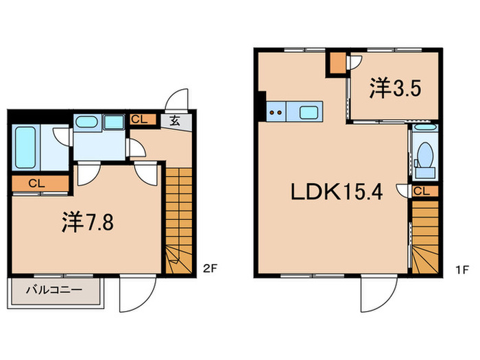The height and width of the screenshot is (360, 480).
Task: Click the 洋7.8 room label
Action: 85,223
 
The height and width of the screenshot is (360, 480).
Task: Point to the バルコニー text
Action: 54,289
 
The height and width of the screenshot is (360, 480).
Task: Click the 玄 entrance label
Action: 175,121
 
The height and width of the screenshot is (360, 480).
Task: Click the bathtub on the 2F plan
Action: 25,147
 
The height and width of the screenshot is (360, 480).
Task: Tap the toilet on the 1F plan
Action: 424,154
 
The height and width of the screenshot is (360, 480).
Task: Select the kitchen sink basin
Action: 309,111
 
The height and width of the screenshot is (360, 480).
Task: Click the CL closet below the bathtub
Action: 38,184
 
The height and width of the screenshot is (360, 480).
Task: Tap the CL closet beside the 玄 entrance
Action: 139,119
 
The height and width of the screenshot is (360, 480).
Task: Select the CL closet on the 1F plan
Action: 422,191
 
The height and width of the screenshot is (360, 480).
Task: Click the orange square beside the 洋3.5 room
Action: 336,62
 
